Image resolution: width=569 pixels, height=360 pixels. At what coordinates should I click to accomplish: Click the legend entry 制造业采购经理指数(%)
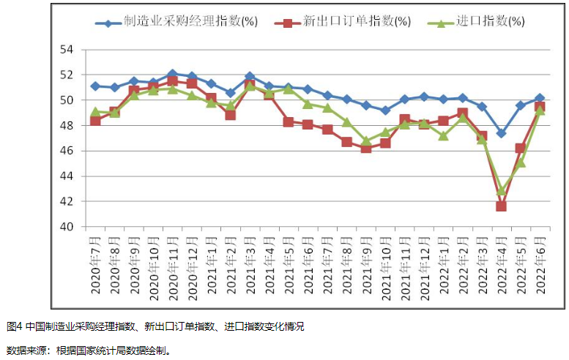186,22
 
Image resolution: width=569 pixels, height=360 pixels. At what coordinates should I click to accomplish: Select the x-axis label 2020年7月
95,265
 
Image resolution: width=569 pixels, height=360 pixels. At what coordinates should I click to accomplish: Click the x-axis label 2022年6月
540,265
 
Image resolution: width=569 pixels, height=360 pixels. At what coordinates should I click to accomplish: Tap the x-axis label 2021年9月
366,265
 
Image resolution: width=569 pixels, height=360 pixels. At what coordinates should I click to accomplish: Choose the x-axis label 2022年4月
502,265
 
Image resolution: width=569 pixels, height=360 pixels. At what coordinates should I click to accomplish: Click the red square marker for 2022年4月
501,206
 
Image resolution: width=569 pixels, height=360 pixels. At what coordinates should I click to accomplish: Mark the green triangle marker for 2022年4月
501,190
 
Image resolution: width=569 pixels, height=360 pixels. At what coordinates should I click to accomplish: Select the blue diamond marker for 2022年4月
501,133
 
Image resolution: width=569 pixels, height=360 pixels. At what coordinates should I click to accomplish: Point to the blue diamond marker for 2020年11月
173,74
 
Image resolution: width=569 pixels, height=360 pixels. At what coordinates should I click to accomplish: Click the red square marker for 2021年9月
366,149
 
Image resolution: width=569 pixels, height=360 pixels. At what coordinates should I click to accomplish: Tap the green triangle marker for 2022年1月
443,135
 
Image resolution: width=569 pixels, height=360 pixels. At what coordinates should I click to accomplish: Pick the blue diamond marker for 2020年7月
95,86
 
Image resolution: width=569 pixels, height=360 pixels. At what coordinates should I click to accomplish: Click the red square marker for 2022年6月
540,107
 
